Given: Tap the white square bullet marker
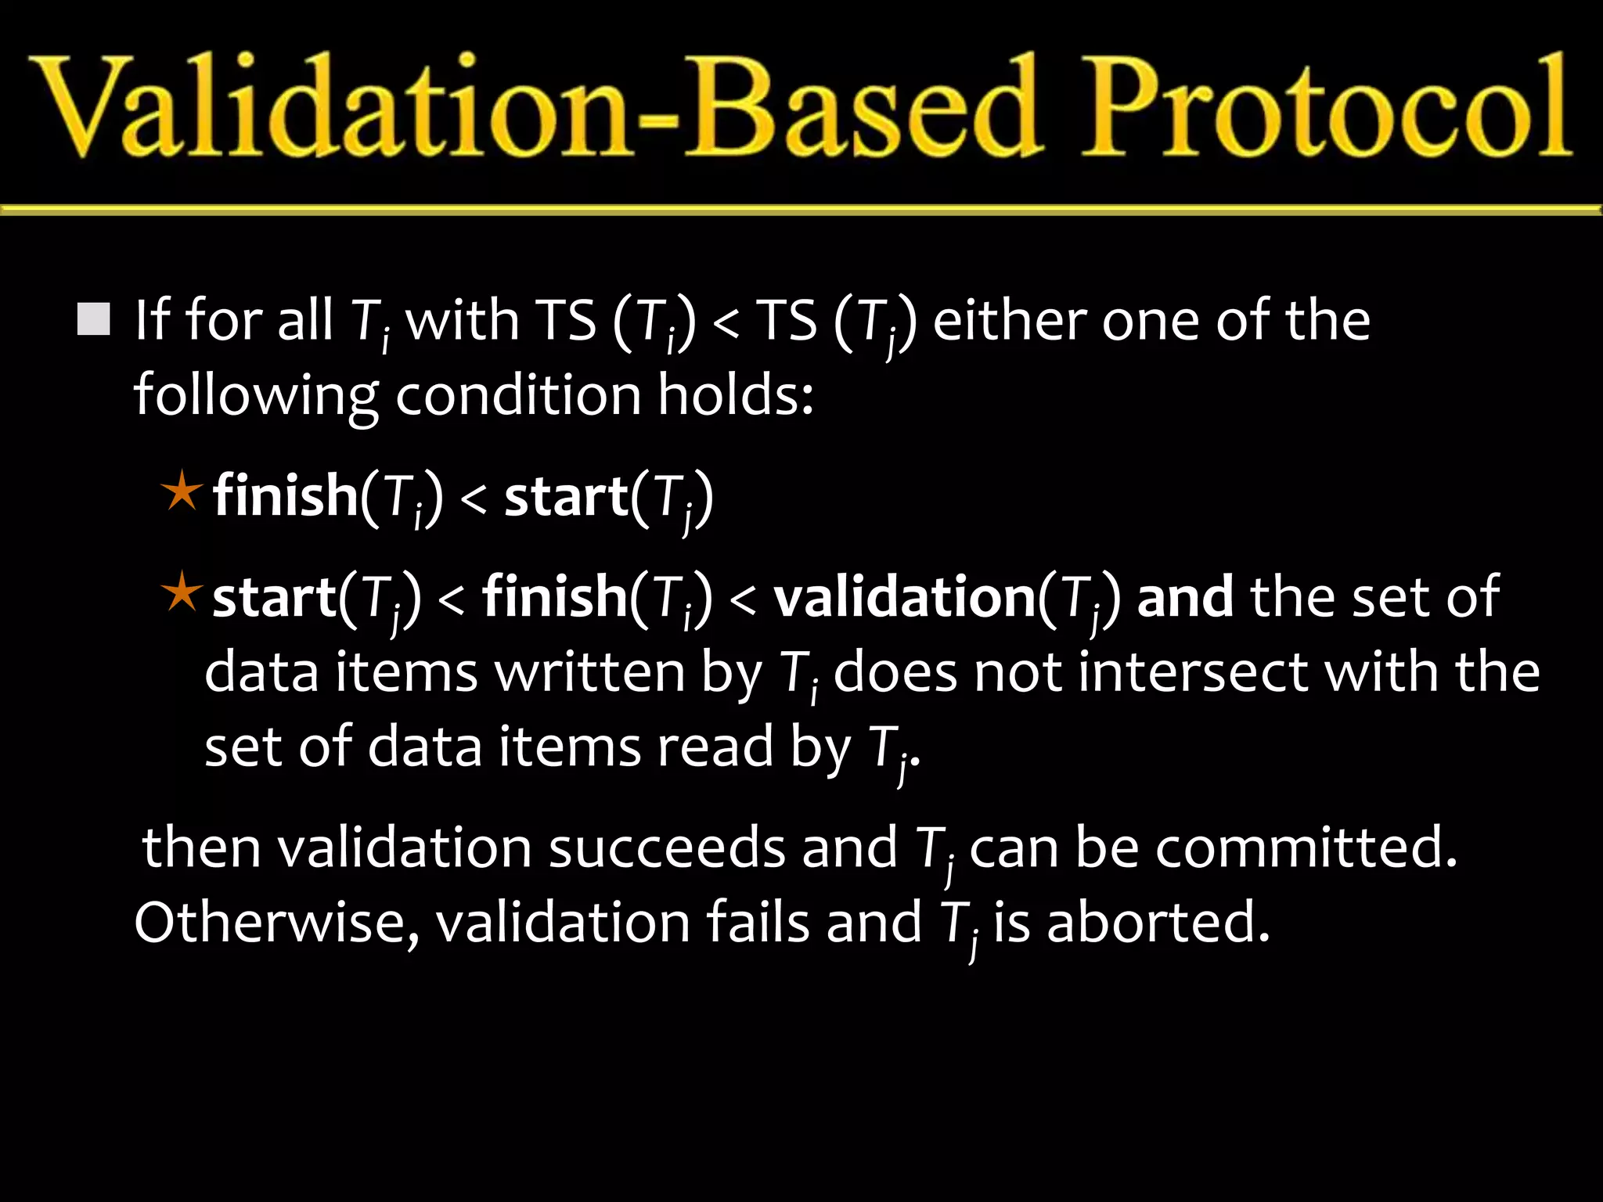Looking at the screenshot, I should (94, 319).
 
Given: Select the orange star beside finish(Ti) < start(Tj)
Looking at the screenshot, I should (182, 491).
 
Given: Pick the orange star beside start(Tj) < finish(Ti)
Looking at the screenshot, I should (182, 592).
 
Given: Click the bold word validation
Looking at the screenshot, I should (904, 597).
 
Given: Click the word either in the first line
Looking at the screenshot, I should (1010, 321).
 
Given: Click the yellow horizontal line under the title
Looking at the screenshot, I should (801, 209).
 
